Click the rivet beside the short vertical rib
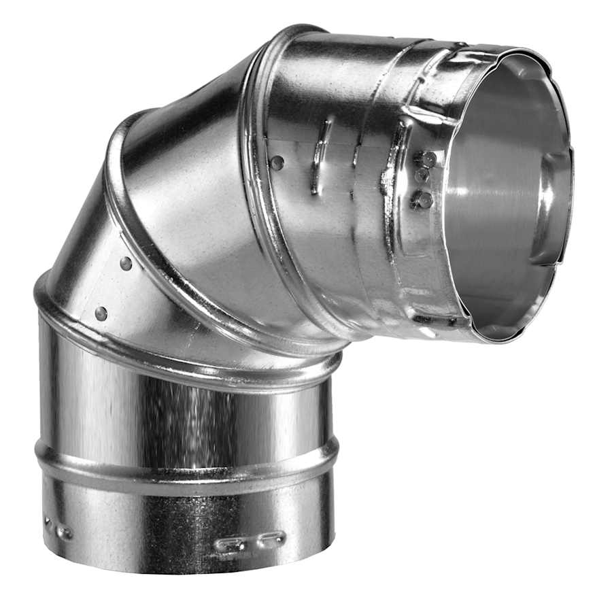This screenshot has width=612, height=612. [277, 163]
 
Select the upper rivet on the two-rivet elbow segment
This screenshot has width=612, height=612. [126, 262]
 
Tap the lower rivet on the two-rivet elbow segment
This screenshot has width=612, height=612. [101, 313]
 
